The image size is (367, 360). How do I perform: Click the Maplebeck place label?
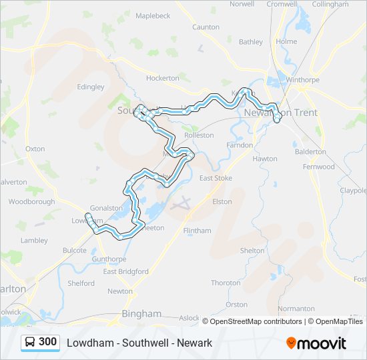[153, 15]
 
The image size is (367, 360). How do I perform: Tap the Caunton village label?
[206, 27]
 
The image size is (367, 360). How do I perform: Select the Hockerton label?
[163, 78]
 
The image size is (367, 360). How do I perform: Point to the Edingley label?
[91, 87]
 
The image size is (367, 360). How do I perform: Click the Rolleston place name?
[199, 135]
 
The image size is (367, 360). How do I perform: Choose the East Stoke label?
[216, 178]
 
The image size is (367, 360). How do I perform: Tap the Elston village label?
[222, 201]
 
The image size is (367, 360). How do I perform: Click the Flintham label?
[197, 231]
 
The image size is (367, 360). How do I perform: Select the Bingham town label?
[141, 313]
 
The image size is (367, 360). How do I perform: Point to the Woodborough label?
[31, 201]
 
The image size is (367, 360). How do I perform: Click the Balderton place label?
[310, 151]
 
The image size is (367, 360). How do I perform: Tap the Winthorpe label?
[302, 80]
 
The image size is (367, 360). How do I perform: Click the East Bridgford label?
[125, 271]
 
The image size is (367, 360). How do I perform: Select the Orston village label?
[236, 304]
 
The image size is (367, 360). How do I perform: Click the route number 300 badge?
[47, 342]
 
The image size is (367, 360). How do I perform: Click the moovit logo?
[316, 343]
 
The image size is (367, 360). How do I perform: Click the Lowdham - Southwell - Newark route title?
[139, 343]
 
